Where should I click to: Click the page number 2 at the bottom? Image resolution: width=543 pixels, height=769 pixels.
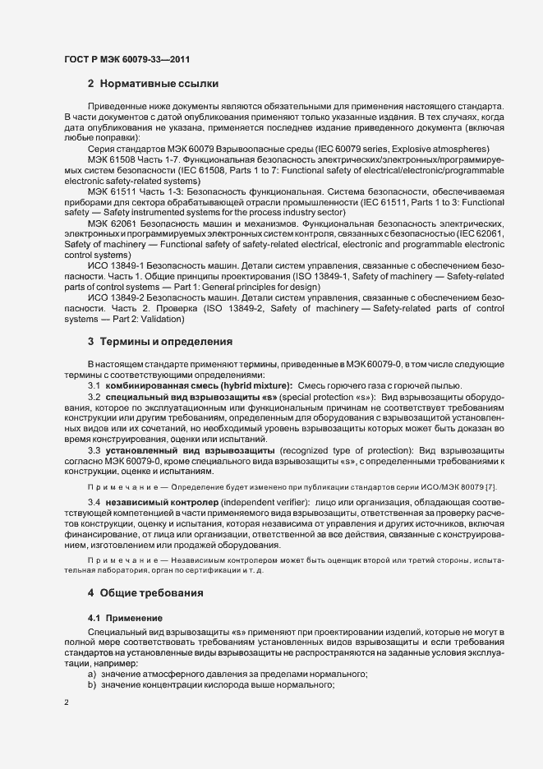coord(67,702)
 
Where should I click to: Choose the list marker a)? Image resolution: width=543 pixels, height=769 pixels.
coord(92,675)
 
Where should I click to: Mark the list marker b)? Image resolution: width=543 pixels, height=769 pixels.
coord(92,685)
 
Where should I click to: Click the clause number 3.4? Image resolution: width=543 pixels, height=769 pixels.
coord(94,501)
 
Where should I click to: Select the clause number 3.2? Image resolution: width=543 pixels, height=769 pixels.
coord(94,397)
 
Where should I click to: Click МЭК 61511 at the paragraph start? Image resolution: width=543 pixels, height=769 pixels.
coord(115,190)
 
